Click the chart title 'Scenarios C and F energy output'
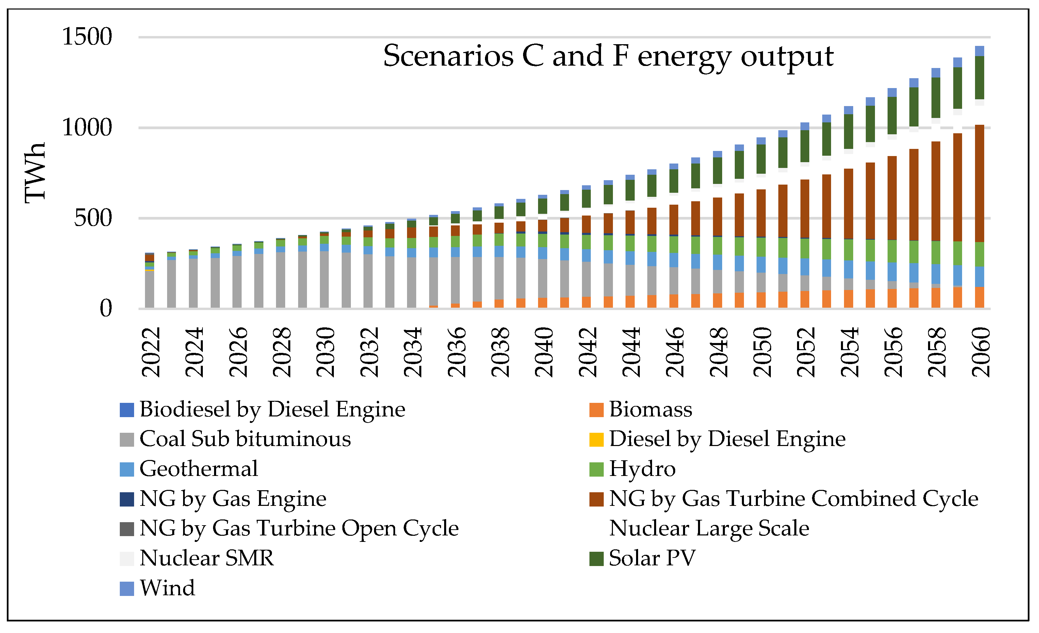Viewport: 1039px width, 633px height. point(608,56)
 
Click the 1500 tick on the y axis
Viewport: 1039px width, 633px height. point(87,37)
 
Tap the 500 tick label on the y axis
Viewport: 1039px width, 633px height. point(93,218)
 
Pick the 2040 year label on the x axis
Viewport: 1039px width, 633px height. point(544,352)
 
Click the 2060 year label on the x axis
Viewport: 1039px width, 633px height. point(981,352)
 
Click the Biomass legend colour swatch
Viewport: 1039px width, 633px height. point(596,410)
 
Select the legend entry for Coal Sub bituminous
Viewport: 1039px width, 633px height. point(245,439)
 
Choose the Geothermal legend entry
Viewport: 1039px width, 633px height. point(198,469)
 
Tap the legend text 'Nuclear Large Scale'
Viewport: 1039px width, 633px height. point(709,529)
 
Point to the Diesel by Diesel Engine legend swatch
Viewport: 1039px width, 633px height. point(596,440)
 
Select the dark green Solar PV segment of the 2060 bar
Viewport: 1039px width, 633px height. point(979,78)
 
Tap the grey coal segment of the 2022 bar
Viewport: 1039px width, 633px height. point(149,290)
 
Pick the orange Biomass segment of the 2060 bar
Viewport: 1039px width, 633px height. point(979,298)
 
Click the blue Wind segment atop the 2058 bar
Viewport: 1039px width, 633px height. point(936,73)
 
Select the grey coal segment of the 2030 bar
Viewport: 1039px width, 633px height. point(324,280)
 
